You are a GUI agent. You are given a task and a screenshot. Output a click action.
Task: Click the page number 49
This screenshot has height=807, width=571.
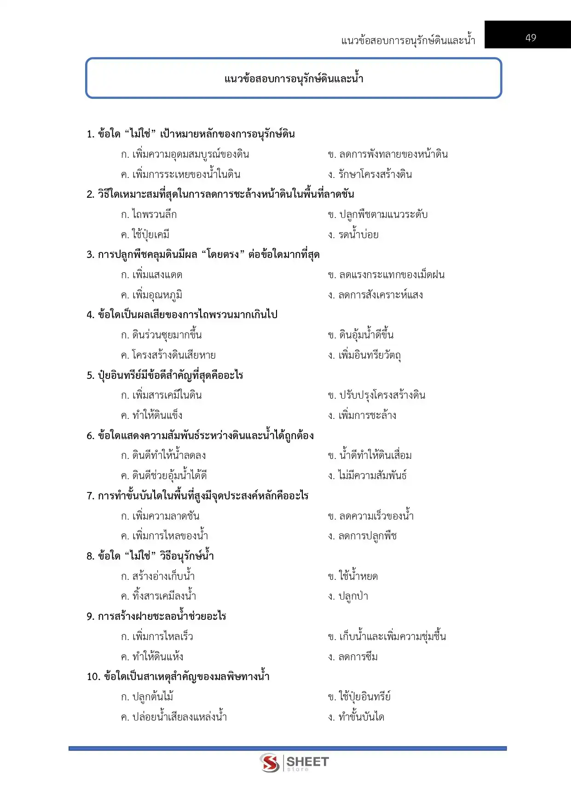tap(531, 38)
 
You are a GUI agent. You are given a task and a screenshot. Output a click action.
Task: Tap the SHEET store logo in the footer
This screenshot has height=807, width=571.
tap(294, 763)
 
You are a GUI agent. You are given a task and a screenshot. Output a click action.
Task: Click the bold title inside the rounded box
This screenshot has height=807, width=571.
tap(294, 79)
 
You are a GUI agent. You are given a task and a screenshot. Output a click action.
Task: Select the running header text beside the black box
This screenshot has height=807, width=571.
tap(408, 40)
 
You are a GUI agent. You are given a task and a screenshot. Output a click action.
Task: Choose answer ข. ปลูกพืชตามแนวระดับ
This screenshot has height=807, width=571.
tap(378, 215)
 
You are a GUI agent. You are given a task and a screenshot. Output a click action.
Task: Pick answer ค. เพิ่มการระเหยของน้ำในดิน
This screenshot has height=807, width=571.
tap(180, 175)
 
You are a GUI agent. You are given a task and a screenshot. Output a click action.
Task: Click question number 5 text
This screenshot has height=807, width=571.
tap(165, 375)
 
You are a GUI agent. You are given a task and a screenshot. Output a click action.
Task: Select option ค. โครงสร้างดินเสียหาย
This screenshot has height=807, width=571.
tap(168, 355)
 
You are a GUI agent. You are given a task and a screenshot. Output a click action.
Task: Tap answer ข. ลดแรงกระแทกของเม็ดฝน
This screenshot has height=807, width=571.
tap(386, 275)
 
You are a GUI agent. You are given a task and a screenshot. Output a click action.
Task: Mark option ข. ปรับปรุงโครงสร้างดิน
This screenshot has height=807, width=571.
tap(376, 395)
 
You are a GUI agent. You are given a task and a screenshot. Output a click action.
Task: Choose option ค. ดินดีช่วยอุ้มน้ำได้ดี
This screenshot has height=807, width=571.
tap(163, 476)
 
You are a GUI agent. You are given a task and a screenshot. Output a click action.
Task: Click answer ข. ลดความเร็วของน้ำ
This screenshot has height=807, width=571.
tap(371, 516)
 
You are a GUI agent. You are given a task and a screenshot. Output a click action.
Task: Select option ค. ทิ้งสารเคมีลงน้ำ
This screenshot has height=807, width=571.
tap(158, 596)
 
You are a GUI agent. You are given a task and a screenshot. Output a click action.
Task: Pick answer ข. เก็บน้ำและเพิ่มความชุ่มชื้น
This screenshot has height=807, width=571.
tap(387, 637)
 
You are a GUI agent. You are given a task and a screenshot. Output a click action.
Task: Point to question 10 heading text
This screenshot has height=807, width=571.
tap(178, 677)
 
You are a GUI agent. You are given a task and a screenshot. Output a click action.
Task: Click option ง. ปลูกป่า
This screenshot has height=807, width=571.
tap(348, 596)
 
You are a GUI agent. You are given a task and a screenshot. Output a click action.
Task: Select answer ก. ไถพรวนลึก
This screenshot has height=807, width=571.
tap(149, 215)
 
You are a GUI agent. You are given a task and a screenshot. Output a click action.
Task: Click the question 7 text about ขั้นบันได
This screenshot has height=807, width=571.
tap(197, 496)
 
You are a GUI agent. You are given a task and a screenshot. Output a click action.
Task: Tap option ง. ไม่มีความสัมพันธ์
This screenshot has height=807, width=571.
tap(367, 476)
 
